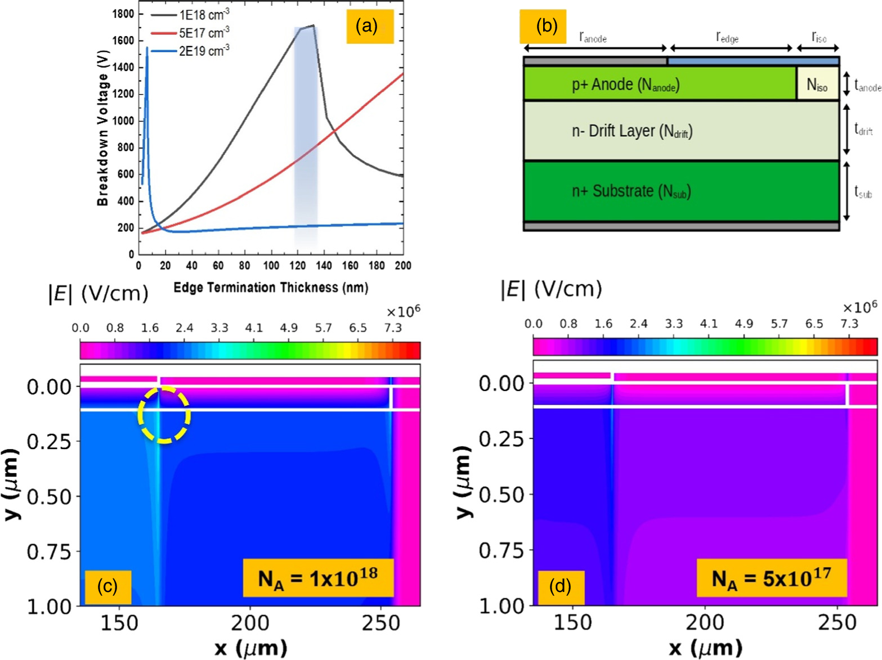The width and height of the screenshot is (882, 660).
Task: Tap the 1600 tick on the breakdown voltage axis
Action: (x=123, y=41)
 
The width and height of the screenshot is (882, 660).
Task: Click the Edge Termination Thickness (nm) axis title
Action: (x=271, y=288)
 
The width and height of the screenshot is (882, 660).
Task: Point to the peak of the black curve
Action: (x=312, y=25)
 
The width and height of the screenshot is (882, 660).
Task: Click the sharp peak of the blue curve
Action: (x=147, y=48)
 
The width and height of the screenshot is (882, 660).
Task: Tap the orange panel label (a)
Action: (x=369, y=26)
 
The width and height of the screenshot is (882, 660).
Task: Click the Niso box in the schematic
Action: (x=817, y=84)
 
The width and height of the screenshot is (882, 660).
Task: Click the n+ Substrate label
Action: (x=631, y=191)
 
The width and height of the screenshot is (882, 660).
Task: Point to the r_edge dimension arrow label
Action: (x=727, y=37)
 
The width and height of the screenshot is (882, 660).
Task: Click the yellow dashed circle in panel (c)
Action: (x=164, y=415)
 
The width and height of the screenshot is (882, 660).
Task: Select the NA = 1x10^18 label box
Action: (x=318, y=578)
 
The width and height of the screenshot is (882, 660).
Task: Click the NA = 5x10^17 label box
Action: (x=772, y=578)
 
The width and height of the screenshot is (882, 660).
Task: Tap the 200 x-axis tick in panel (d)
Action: (x=705, y=622)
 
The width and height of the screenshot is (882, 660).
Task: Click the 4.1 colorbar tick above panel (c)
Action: (x=254, y=328)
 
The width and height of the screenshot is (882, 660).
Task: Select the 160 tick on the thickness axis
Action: (x=350, y=266)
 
